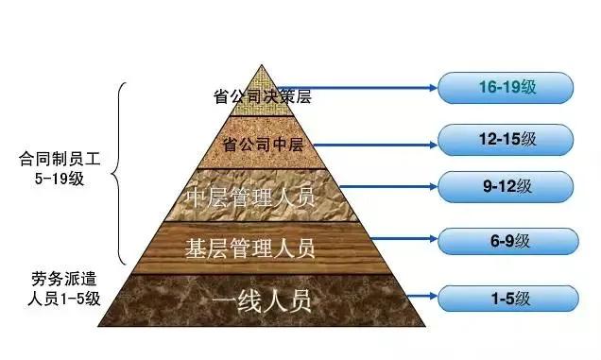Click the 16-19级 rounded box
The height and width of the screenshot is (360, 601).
pos(506,88)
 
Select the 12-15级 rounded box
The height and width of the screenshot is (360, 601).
pos(506,139)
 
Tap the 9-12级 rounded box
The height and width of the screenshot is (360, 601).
pos(506,187)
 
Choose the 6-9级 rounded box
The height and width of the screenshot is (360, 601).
pos(506,242)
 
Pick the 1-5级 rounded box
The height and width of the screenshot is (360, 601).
pos(506,300)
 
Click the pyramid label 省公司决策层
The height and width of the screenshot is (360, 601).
pos(262,96)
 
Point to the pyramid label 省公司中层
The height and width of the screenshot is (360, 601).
pos(262,145)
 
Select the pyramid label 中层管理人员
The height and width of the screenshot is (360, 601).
pos(261,198)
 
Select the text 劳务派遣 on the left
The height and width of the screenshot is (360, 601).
pos(59,281)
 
